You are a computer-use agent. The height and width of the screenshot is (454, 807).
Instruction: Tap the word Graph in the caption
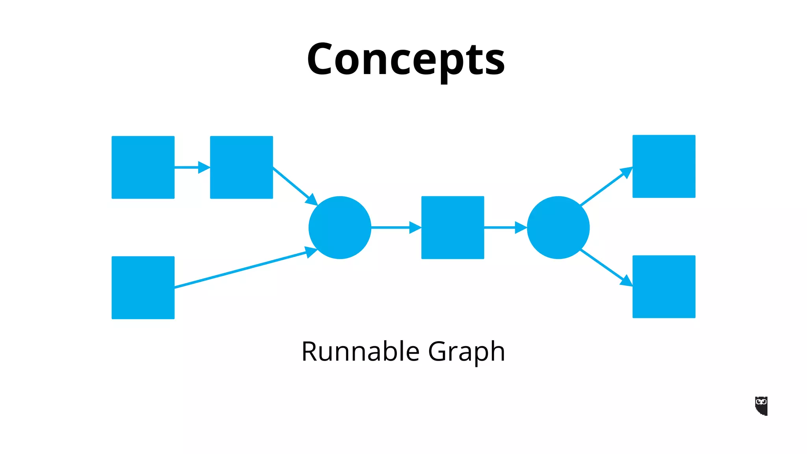pyautogui.click(x=466, y=351)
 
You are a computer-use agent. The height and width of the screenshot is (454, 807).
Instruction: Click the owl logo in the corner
pyautogui.click(x=761, y=406)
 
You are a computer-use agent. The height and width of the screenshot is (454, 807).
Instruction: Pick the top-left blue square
pyautogui.click(x=143, y=167)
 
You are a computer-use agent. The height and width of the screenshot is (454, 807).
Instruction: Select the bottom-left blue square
pyautogui.click(x=143, y=288)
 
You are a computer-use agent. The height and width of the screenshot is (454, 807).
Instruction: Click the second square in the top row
pyautogui.click(x=242, y=167)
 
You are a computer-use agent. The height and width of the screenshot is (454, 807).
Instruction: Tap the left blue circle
pyautogui.click(x=340, y=227)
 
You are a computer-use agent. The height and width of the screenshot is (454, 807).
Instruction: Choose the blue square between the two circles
pyautogui.click(x=453, y=227)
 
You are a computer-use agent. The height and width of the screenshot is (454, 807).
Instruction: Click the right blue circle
pyautogui.click(x=558, y=227)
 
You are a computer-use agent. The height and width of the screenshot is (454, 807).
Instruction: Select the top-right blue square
pyautogui.click(x=664, y=166)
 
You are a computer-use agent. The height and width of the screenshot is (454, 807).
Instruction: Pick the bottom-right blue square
pyautogui.click(x=664, y=287)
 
